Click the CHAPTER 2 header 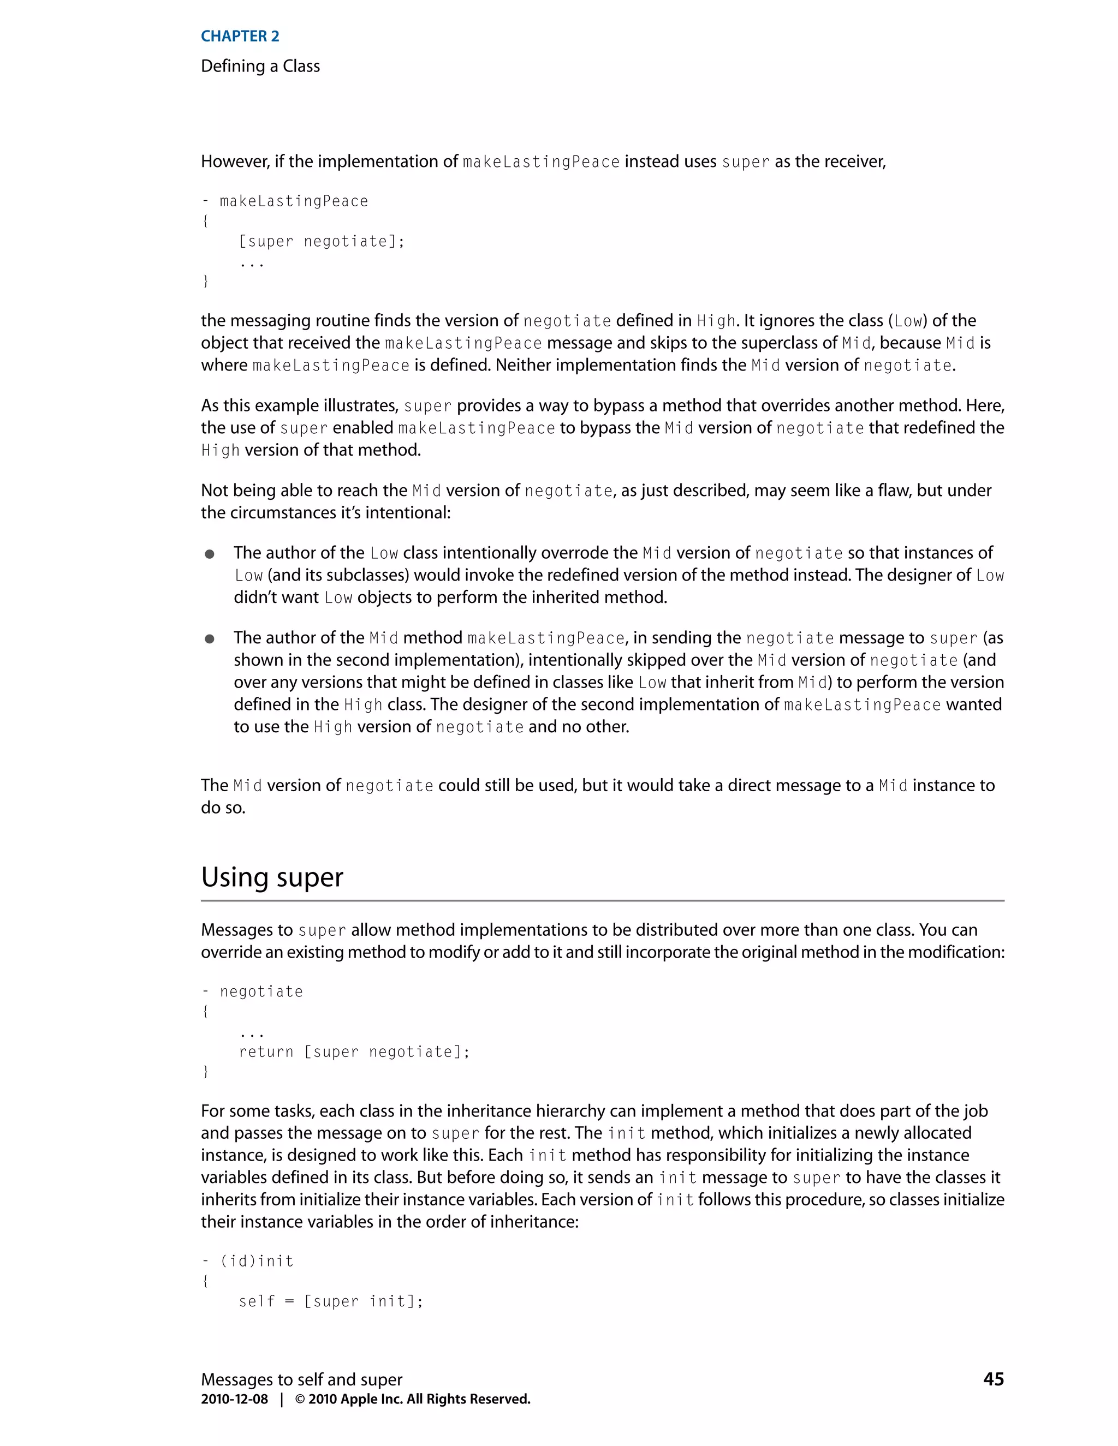point(240,37)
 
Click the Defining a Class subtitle point(260,66)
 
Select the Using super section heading point(272,877)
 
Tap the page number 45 point(994,1379)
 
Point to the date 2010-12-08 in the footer point(234,1399)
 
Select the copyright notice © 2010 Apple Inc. point(413,1399)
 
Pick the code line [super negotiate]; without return point(321,242)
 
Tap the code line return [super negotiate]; point(354,1052)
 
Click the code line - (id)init point(248,1261)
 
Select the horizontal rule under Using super point(603,901)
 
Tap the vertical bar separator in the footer point(282,1399)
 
